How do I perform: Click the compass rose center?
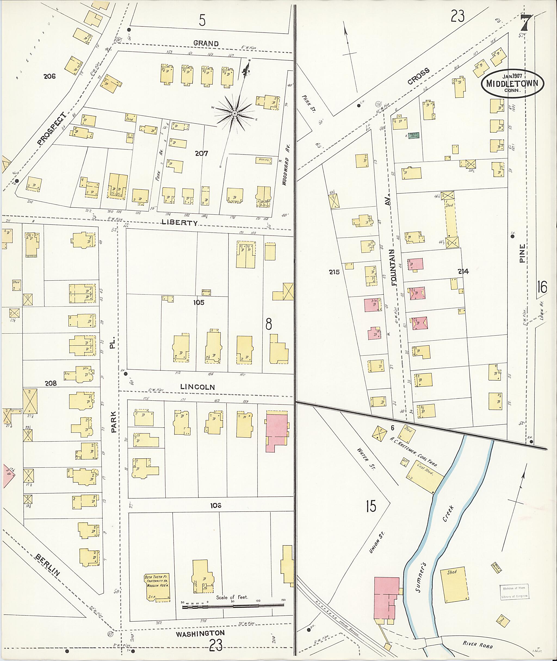tap(235, 113)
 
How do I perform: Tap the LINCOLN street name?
tap(197, 387)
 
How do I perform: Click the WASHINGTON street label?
tap(200, 634)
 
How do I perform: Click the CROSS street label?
tap(418, 76)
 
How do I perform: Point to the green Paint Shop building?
tap(413, 135)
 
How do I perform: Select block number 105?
tap(199, 302)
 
